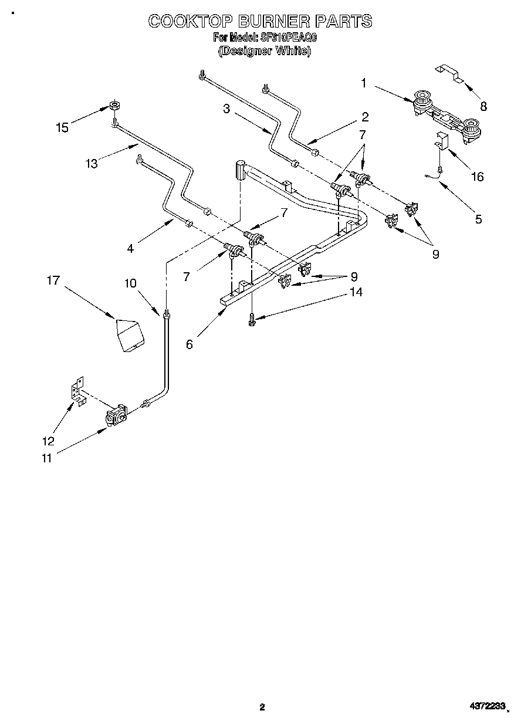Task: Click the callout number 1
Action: (x=364, y=83)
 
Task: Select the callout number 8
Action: (x=483, y=106)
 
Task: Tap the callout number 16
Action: (x=478, y=176)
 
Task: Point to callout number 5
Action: (x=479, y=219)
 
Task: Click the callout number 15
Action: (x=62, y=127)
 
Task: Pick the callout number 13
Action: (x=92, y=164)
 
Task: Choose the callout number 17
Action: (x=53, y=280)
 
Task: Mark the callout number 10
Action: (x=130, y=283)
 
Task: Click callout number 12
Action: (x=48, y=441)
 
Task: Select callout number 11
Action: (x=46, y=458)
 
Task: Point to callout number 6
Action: (x=190, y=344)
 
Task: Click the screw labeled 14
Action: (x=252, y=318)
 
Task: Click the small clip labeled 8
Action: (x=449, y=73)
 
